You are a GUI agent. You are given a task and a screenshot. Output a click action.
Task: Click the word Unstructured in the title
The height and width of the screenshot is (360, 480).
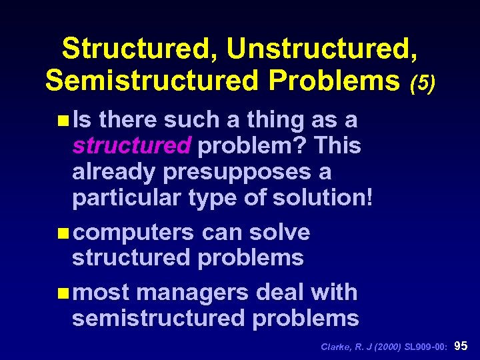pyautogui.click(x=322, y=49)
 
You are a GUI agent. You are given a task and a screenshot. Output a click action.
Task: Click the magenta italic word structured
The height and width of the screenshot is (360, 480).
pyautogui.click(x=132, y=145)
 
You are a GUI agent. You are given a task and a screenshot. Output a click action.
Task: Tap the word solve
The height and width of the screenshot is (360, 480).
pyautogui.click(x=279, y=232)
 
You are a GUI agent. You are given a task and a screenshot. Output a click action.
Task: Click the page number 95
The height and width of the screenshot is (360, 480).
pyautogui.click(x=461, y=346)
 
